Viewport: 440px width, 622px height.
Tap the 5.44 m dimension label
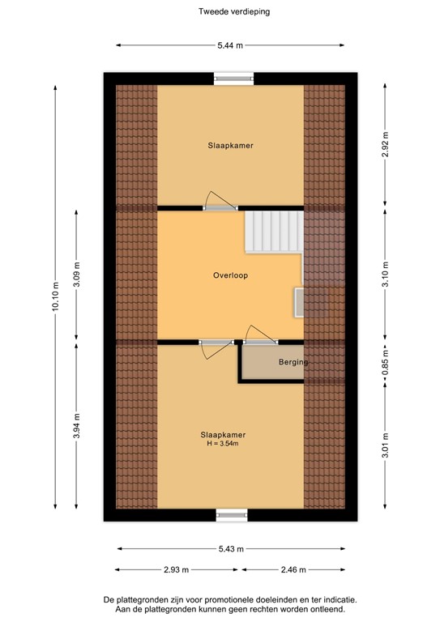pyautogui.click(x=232, y=46)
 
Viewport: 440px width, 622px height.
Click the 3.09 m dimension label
pyautogui.click(x=78, y=274)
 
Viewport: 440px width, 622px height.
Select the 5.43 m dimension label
pyautogui.click(x=232, y=548)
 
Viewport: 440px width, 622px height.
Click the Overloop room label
pyautogui.click(x=230, y=275)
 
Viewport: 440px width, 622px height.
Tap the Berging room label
pyautogui.click(x=293, y=362)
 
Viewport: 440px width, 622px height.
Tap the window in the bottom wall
pyautogui.click(x=232, y=514)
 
